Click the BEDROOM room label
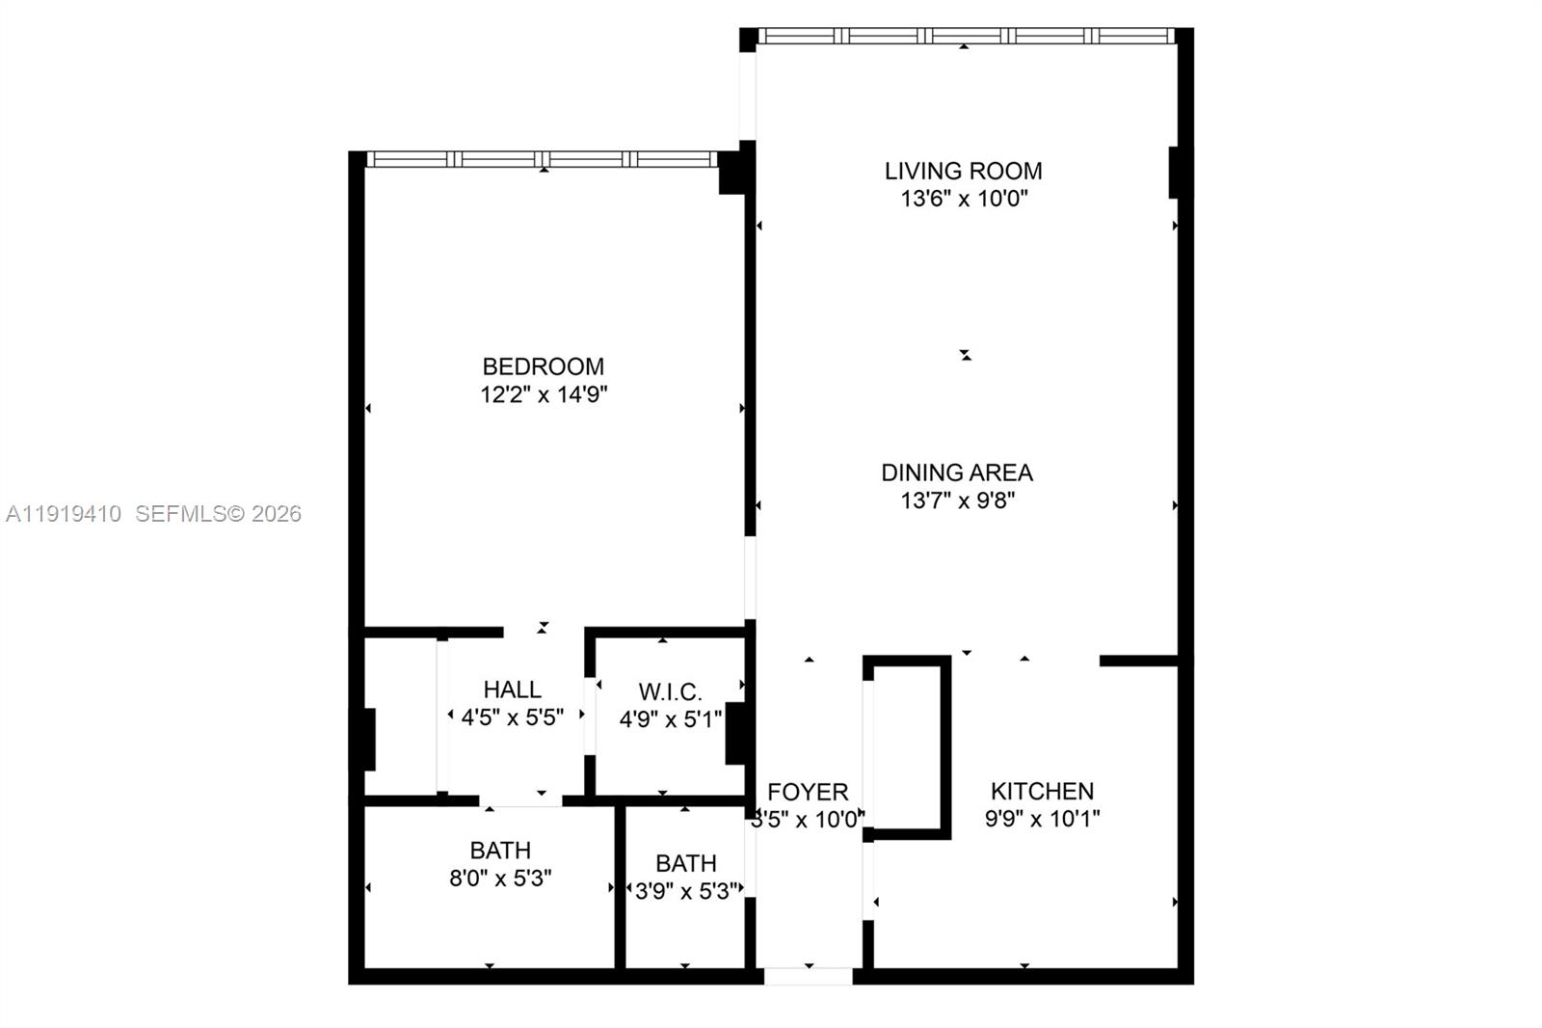pyautogui.click(x=543, y=366)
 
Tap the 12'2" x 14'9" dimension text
pyautogui.click(x=544, y=394)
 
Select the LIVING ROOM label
pyautogui.click(x=963, y=171)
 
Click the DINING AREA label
pyautogui.click(x=956, y=473)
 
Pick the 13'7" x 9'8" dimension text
pyautogui.click(x=958, y=500)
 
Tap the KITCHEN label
pyautogui.click(x=1042, y=791)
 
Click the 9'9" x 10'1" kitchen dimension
pyautogui.click(x=1042, y=819)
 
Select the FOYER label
pyautogui.click(x=808, y=792)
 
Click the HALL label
pyautogui.click(x=512, y=690)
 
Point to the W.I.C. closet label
pyautogui.click(x=670, y=692)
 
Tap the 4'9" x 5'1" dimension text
pyautogui.click(x=670, y=719)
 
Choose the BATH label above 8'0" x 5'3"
pyautogui.click(x=500, y=851)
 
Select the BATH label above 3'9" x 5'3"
pyautogui.click(x=685, y=863)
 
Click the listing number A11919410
pyautogui.click(x=64, y=514)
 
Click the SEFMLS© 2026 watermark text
pyautogui.click(x=218, y=514)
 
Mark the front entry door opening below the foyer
pyautogui.click(x=808, y=976)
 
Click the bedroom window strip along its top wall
pyautogui.click(x=543, y=159)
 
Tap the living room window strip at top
pyautogui.click(x=965, y=36)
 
